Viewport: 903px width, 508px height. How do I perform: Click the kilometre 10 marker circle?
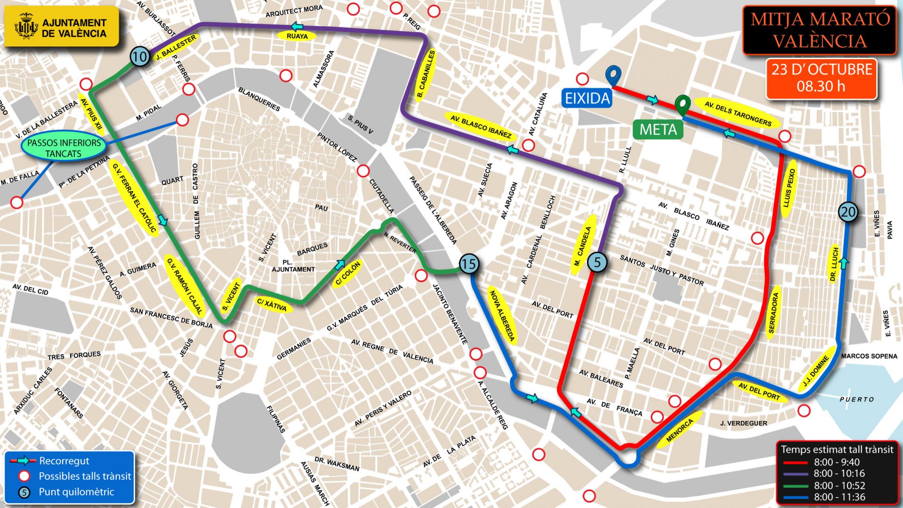tap(140, 57)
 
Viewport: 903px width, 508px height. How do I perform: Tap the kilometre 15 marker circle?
tap(469, 264)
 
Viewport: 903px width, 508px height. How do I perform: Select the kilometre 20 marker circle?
tap(848, 212)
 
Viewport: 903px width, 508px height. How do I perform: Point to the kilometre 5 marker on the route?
tap(597, 262)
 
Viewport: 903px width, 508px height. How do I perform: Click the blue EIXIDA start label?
tap(587, 98)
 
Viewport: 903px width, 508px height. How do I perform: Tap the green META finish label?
tap(658, 129)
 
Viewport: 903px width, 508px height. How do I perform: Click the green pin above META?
tap(682, 104)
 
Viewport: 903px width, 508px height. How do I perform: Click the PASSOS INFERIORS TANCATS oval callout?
tap(64, 148)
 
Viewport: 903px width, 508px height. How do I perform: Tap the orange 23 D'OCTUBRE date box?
tap(821, 78)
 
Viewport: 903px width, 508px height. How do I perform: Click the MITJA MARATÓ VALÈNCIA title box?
tap(820, 30)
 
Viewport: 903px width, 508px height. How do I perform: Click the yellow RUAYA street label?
tap(297, 36)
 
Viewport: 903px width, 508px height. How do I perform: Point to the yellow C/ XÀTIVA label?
tap(272, 305)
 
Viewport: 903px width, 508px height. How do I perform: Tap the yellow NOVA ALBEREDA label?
tap(502, 316)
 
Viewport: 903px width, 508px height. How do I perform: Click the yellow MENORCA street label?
tap(680, 430)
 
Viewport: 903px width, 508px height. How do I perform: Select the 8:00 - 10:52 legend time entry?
tap(839, 485)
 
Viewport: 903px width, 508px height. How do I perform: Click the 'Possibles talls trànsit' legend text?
tap(85, 476)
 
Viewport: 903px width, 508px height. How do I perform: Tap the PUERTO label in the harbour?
tap(856, 399)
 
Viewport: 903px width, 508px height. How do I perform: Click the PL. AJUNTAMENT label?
tap(293, 266)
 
